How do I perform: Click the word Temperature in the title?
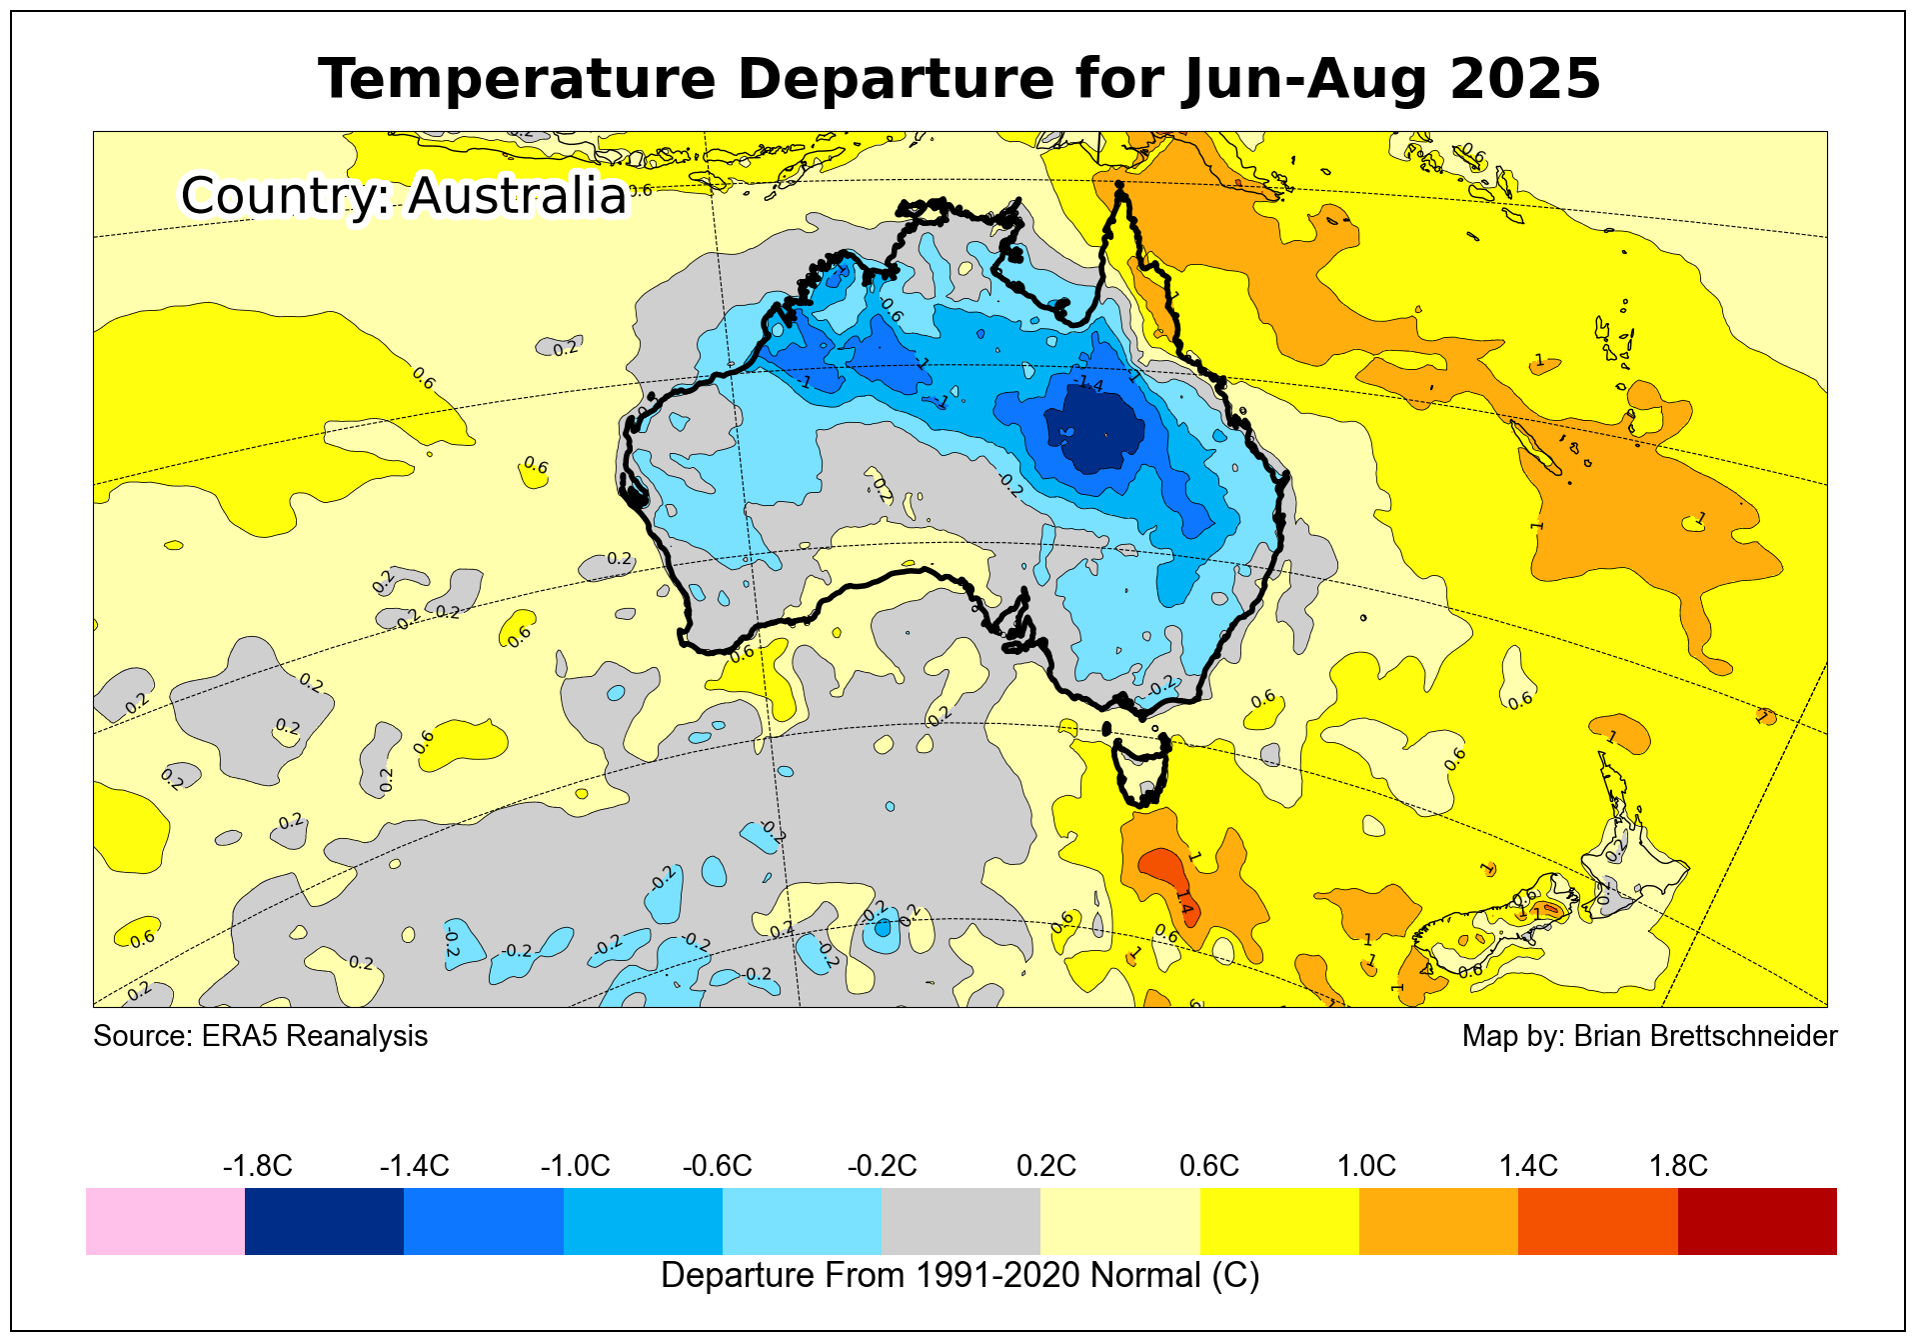[x=517, y=79]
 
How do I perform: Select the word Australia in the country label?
[x=517, y=195]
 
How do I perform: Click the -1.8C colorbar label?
[x=257, y=1166]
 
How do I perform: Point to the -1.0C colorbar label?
[x=575, y=1166]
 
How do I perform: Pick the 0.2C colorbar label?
[x=1045, y=1166]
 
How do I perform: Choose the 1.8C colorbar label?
[x=1677, y=1166]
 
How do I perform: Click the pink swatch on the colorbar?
[x=165, y=1221]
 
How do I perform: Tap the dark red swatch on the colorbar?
[x=1756, y=1221]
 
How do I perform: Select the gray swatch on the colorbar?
[x=960, y=1221]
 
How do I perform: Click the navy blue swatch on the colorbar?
[x=324, y=1221]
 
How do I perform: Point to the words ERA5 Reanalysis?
[x=314, y=1036]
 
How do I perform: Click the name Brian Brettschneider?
[x=1705, y=1036]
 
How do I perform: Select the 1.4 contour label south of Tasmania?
[x=1184, y=903]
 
